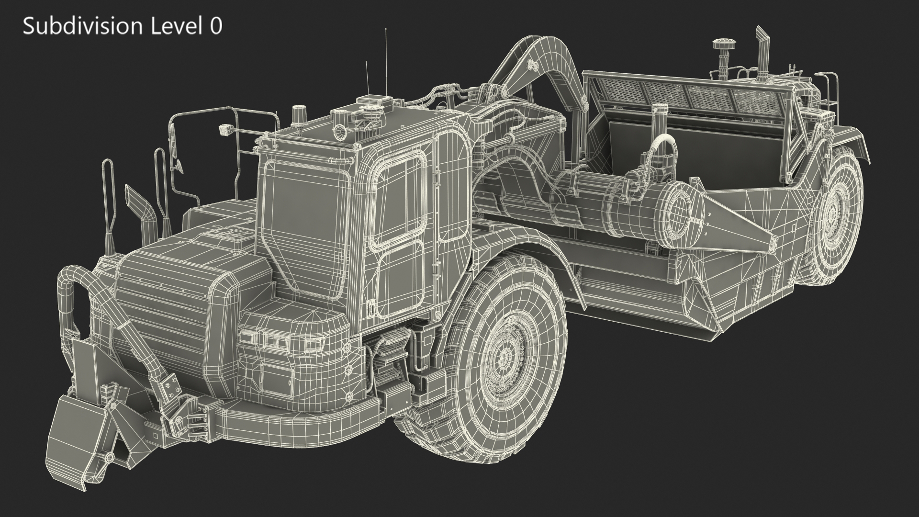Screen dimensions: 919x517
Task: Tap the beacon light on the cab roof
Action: coord(298,112)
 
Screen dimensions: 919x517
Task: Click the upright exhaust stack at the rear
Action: coord(761,53)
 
